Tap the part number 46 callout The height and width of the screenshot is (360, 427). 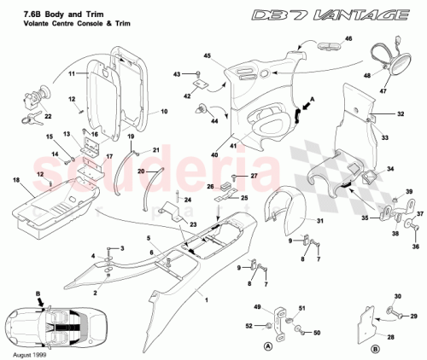(348, 39)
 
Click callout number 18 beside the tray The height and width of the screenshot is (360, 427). (16, 181)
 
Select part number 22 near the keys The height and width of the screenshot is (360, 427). (48, 117)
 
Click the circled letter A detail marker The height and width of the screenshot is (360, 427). (270, 345)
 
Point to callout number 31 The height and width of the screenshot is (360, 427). (321, 224)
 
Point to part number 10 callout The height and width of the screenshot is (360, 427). (164, 112)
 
